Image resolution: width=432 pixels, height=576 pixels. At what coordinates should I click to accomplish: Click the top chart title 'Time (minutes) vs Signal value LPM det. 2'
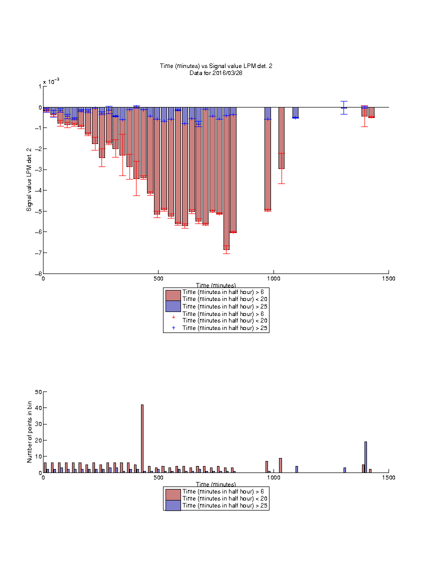(216, 66)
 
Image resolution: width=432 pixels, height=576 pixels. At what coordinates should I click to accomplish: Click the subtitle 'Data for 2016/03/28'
(216, 72)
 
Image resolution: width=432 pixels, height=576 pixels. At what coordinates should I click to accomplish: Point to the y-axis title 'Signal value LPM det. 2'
(29, 179)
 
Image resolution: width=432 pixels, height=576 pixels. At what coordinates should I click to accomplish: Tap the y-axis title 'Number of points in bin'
(29, 432)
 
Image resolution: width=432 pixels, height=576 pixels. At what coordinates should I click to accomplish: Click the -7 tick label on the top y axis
(38, 253)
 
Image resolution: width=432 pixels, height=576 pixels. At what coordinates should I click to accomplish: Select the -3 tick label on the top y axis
(38, 169)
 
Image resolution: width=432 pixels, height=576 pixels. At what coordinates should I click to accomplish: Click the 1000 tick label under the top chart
(273, 278)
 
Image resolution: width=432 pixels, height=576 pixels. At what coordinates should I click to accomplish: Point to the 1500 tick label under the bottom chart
(388, 477)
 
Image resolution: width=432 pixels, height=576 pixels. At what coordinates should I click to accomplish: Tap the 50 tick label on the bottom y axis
(38, 392)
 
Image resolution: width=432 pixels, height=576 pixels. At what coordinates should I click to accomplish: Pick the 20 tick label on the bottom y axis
(38, 440)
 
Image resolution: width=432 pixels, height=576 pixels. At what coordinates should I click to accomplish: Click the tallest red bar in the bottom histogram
(142, 438)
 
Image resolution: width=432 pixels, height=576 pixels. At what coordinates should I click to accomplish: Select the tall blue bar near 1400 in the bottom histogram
(365, 457)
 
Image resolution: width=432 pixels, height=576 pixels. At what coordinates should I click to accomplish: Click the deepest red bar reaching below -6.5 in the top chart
(226, 178)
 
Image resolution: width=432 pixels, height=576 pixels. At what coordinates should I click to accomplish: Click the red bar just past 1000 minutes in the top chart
(281, 138)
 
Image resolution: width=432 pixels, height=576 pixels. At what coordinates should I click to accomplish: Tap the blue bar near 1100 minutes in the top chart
(295, 112)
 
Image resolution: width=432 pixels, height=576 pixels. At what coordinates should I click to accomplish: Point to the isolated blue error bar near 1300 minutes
(343, 107)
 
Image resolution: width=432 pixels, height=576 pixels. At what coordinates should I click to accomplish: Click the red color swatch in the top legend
(173, 295)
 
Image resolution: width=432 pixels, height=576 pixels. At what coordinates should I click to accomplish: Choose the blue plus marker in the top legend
(173, 327)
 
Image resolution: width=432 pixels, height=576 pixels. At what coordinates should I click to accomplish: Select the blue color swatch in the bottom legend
(173, 505)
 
